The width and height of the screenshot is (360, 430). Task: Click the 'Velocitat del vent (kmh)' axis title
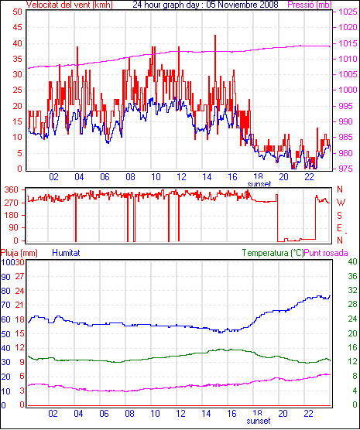69,5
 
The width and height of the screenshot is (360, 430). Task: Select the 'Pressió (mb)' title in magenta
310,5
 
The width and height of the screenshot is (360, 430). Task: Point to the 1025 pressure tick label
348,12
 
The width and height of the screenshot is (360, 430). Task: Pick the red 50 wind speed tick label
17,12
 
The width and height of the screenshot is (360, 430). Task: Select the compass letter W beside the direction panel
341,203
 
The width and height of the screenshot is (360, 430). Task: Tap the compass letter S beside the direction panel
340,216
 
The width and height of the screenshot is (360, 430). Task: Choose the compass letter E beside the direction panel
339,228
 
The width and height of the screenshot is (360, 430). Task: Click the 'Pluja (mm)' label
19,253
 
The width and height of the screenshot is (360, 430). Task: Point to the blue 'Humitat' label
66,253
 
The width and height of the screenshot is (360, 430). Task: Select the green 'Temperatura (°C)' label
273,253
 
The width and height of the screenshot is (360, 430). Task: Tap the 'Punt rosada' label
326,253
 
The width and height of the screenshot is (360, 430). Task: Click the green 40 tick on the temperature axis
352,262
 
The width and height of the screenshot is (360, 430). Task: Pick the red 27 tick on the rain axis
19,276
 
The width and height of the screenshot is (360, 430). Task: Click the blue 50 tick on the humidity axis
5,334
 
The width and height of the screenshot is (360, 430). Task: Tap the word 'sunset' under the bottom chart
259,421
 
